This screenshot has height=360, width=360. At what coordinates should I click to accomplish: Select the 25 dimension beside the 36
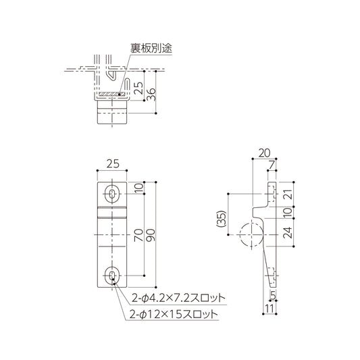[x=138, y=86]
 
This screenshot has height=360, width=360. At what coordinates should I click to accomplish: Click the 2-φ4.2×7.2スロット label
[x=178, y=297]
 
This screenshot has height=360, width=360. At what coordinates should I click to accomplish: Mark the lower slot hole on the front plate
[x=112, y=275]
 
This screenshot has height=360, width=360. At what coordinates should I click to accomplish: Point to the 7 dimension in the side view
[x=272, y=165]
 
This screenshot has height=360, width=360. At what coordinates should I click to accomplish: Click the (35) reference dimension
[x=221, y=220]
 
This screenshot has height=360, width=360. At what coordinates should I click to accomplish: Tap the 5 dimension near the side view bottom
[x=272, y=294]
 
